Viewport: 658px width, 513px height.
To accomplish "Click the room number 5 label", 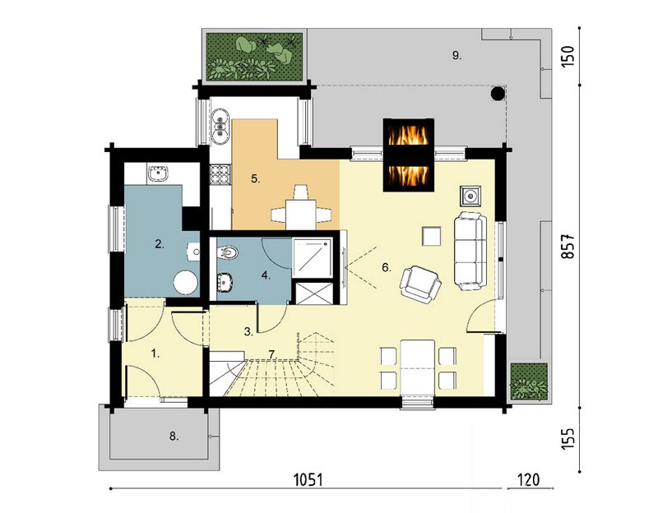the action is [256, 179].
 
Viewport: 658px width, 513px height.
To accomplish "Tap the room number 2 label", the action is [160, 243].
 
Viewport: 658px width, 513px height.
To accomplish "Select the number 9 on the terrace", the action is [457, 55].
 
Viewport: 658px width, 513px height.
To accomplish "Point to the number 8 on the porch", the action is [174, 437].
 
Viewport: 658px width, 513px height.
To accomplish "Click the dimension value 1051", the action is [309, 479].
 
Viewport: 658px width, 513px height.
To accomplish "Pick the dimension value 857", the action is [568, 246].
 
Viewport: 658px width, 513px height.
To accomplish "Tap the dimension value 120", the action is [529, 479].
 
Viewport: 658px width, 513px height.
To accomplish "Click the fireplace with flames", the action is [408, 155].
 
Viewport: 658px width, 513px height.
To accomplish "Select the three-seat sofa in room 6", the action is [470, 252].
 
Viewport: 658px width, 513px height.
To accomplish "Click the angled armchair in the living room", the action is [420, 284].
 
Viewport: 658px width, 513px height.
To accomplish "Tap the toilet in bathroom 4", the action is [227, 252].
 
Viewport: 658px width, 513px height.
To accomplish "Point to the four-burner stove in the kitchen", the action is [220, 174].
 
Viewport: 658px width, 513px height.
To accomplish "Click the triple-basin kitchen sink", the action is [220, 123].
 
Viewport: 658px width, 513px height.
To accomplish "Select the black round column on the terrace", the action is [498, 93].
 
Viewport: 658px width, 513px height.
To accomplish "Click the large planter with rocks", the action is [254, 56].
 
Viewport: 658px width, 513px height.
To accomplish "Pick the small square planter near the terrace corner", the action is [529, 381].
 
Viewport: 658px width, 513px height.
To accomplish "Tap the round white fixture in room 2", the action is [186, 282].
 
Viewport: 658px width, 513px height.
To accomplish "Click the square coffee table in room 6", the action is [432, 236].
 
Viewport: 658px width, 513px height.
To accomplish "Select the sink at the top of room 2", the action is [158, 173].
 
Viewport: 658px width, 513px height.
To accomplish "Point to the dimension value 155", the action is [568, 438].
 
